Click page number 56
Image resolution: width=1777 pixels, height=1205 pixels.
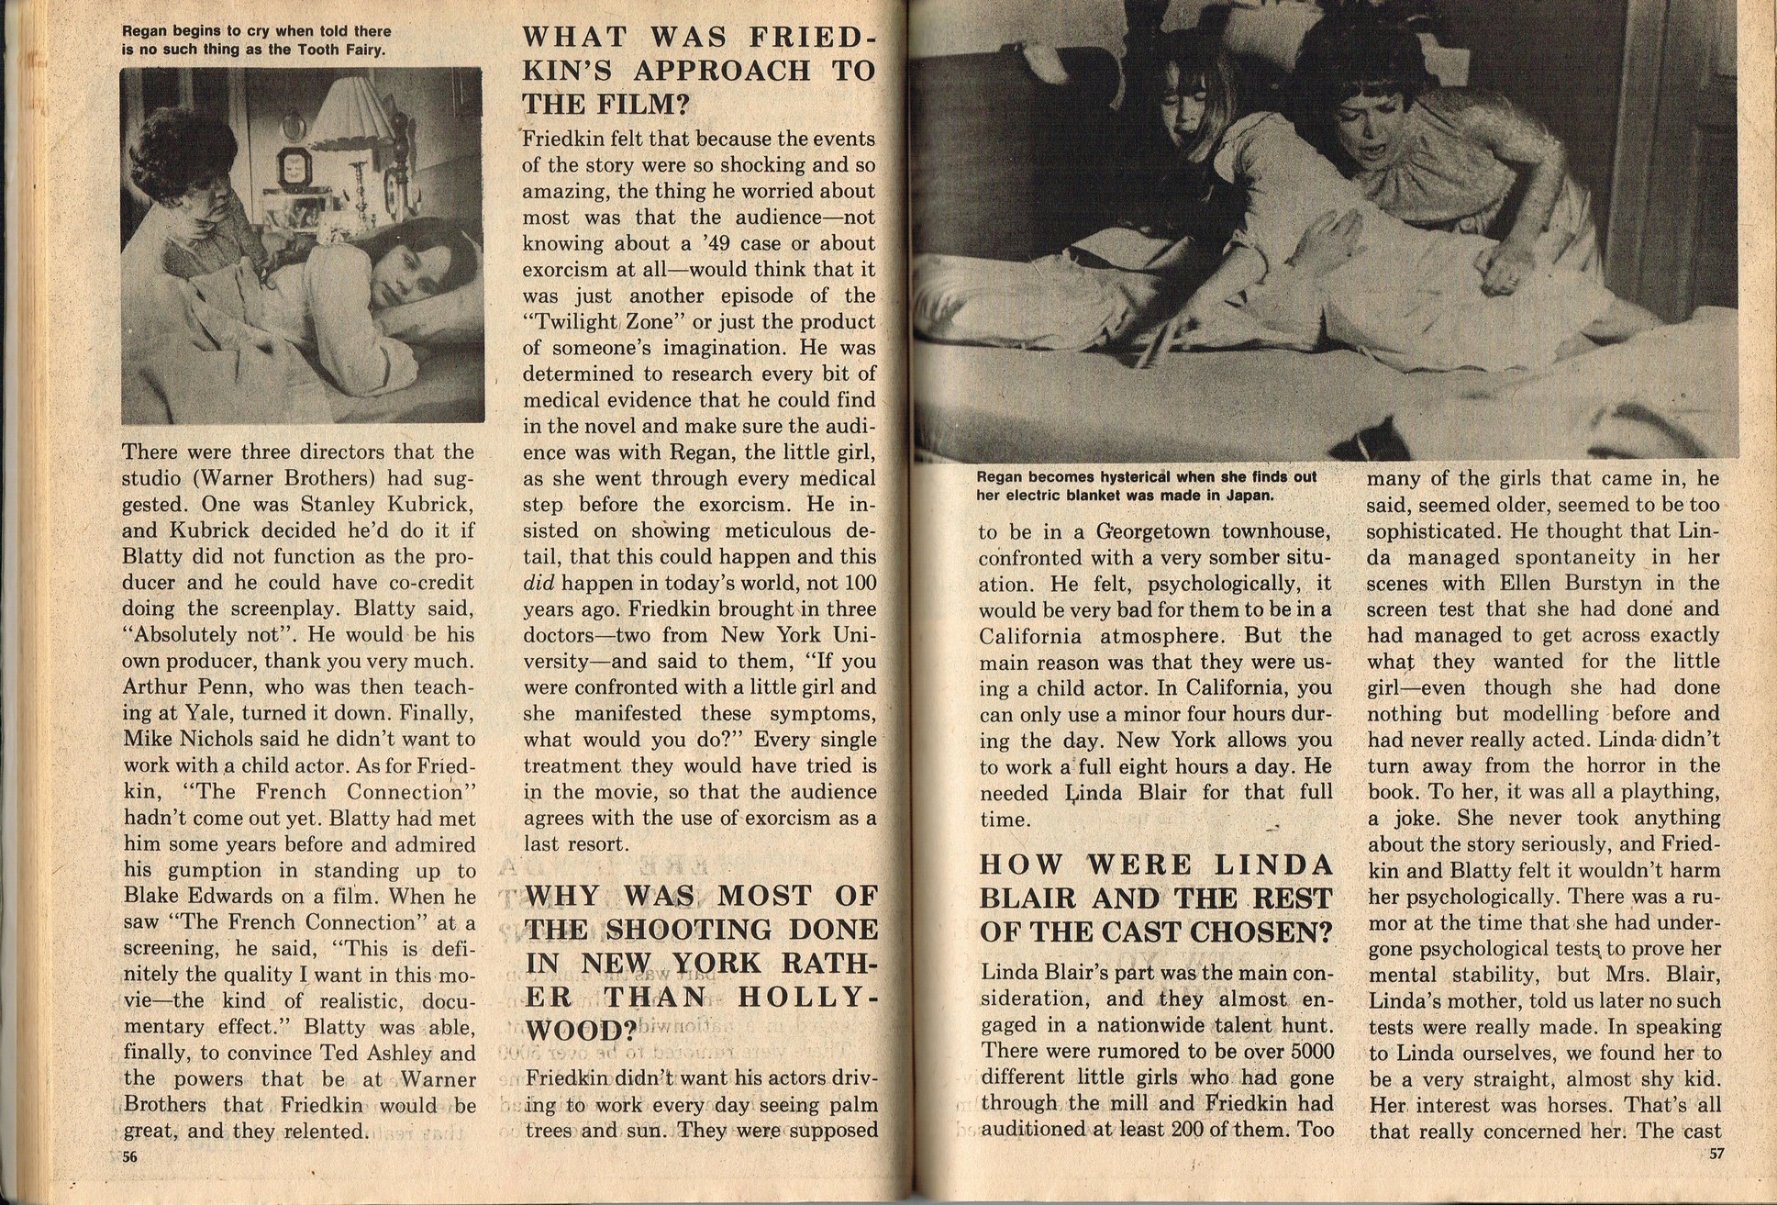[129, 1156]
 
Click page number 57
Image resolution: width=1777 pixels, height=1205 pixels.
[1716, 1154]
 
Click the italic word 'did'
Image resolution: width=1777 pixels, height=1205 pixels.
[539, 584]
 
